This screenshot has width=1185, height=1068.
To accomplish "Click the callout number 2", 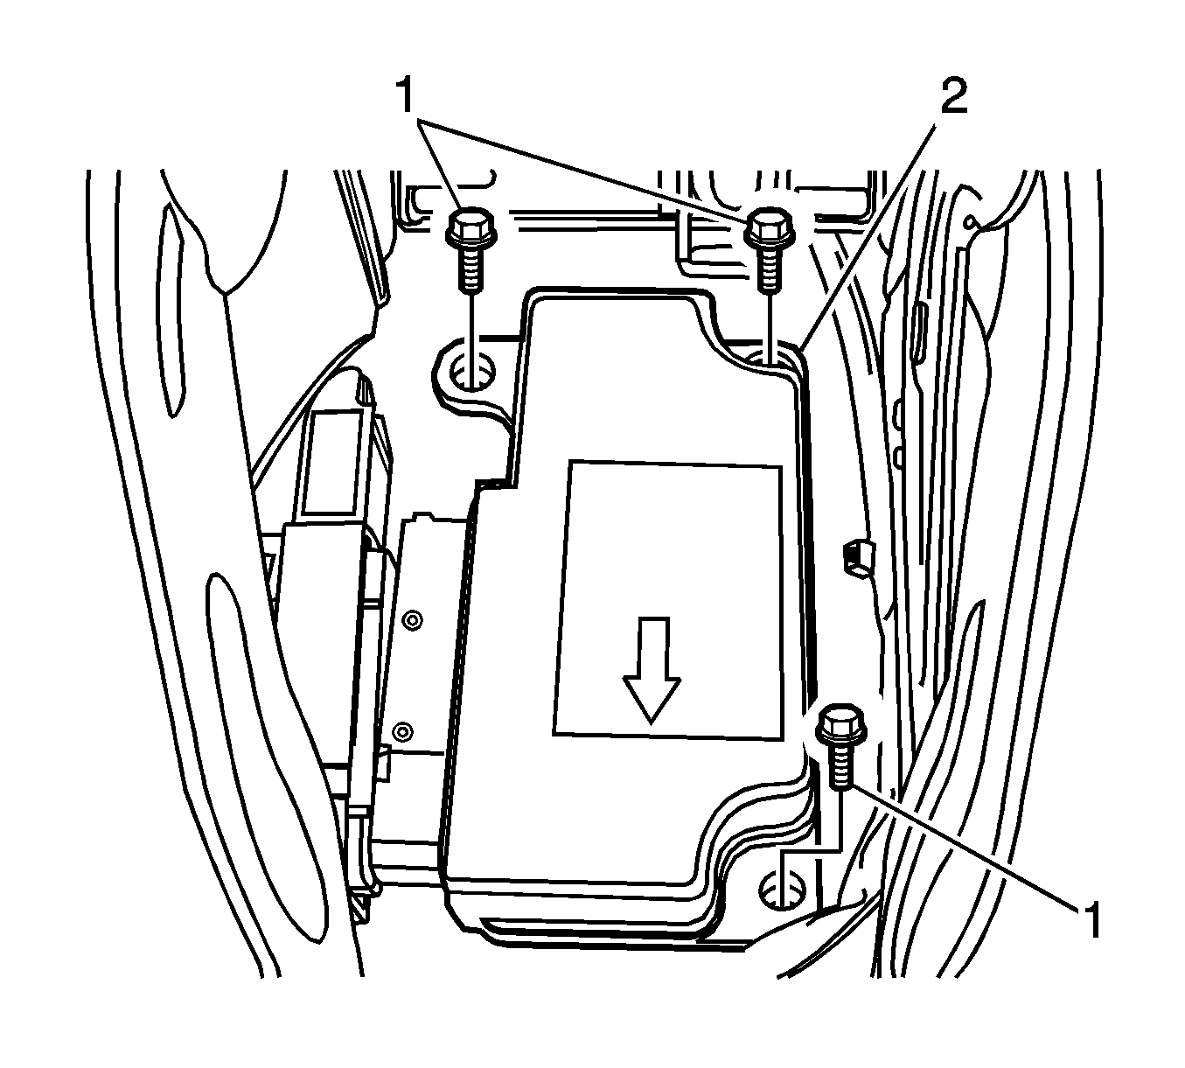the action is [954, 96].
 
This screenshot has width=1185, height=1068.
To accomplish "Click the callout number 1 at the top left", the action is [407, 95].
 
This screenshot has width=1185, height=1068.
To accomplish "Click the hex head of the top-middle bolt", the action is [769, 227].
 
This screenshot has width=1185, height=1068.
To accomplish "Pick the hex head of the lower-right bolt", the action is [841, 723].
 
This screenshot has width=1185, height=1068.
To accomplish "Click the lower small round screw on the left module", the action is [403, 732].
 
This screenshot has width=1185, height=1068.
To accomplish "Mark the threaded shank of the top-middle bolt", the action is [768, 268].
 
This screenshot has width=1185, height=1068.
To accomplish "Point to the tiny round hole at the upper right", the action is [969, 223].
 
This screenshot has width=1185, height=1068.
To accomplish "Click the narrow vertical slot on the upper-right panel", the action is [919, 333].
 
